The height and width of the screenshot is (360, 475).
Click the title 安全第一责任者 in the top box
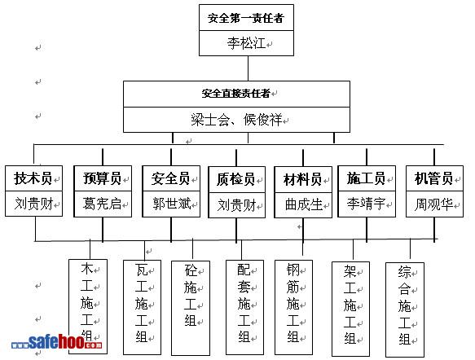(x=246, y=18)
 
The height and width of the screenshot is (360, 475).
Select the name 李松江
(x=246, y=43)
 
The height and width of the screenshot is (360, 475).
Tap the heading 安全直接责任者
(x=236, y=93)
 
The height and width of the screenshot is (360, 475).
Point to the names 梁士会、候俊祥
(x=236, y=120)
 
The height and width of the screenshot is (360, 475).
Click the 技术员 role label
(x=33, y=178)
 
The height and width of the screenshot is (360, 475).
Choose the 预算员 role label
(x=103, y=178)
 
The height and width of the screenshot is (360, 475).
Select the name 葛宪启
(x=102, y=204)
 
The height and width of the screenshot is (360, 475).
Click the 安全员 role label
(x=171, y=178)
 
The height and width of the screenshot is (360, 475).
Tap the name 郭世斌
(x=172, y=204)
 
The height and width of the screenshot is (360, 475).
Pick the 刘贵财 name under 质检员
(x=237, y=205)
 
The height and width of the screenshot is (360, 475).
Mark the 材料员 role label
(x=302, y=179)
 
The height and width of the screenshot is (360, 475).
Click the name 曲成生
(x=304, y=204)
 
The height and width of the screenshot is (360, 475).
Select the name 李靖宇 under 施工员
(x=367, y=204)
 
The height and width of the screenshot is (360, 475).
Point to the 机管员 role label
(x=433, y=178)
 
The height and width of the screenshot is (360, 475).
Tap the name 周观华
(x=433, y=204)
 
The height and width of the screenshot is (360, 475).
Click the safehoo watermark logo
(x=57, y=342)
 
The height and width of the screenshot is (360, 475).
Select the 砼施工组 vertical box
(x=191, y=308)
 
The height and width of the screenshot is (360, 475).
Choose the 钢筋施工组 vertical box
(x=293, y=307)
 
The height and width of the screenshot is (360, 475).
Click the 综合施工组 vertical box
(x=405, y=310)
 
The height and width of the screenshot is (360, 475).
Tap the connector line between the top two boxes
(x=248, y=68)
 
